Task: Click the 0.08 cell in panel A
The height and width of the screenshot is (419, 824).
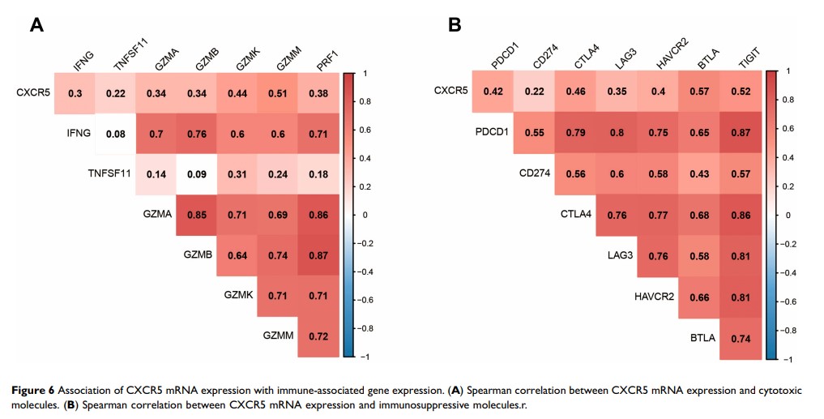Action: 114,133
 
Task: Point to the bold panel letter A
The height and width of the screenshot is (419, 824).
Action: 36,25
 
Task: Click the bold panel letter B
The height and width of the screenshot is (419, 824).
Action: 455,25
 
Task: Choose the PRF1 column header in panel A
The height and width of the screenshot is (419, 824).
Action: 326,60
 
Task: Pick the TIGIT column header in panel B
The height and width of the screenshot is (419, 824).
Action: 745,59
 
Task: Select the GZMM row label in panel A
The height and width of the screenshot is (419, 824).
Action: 279,336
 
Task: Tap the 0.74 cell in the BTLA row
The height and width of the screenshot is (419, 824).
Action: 738,338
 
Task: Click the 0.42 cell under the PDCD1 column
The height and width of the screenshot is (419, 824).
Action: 493,92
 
